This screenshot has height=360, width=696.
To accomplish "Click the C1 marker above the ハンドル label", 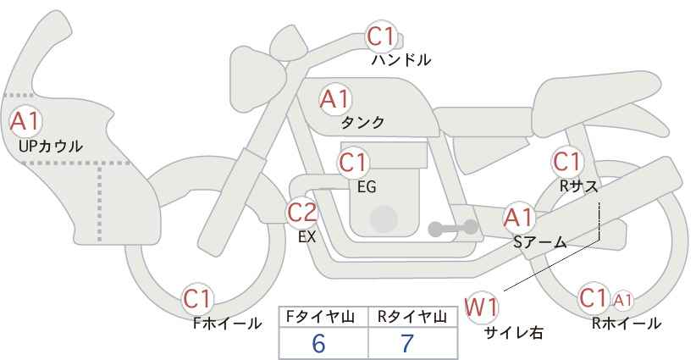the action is click(381, 36).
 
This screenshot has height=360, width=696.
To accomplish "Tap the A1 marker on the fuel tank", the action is click(335, 99).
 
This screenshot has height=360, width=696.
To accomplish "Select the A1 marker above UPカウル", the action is click(25, 121).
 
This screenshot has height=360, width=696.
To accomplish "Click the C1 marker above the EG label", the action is click(353, 163).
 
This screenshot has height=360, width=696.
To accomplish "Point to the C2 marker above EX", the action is click(302, 213).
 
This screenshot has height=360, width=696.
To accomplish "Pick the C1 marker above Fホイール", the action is click(198, 299).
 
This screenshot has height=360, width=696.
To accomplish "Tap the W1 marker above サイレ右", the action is click(481, 307).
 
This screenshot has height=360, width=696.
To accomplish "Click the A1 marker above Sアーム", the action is click(519, 218).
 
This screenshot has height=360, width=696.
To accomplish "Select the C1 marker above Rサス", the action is click(566, 162).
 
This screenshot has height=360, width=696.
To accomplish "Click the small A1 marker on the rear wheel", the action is click(622, 301).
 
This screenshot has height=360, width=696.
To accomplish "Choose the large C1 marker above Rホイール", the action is click(594, 298).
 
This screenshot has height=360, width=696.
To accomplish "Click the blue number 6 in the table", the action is click(318, 343).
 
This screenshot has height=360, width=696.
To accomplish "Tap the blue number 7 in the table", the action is click(407, 343).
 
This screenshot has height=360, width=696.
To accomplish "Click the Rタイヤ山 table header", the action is click(412, 317).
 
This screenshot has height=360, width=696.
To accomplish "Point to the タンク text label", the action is click(362, 123).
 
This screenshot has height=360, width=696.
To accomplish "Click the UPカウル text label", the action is click(51, 146).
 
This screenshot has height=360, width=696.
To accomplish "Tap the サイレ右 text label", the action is click(513, 333).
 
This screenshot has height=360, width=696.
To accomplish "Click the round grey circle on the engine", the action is click(384, 219).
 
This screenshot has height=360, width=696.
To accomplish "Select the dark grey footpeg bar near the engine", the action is click(453, 228).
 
